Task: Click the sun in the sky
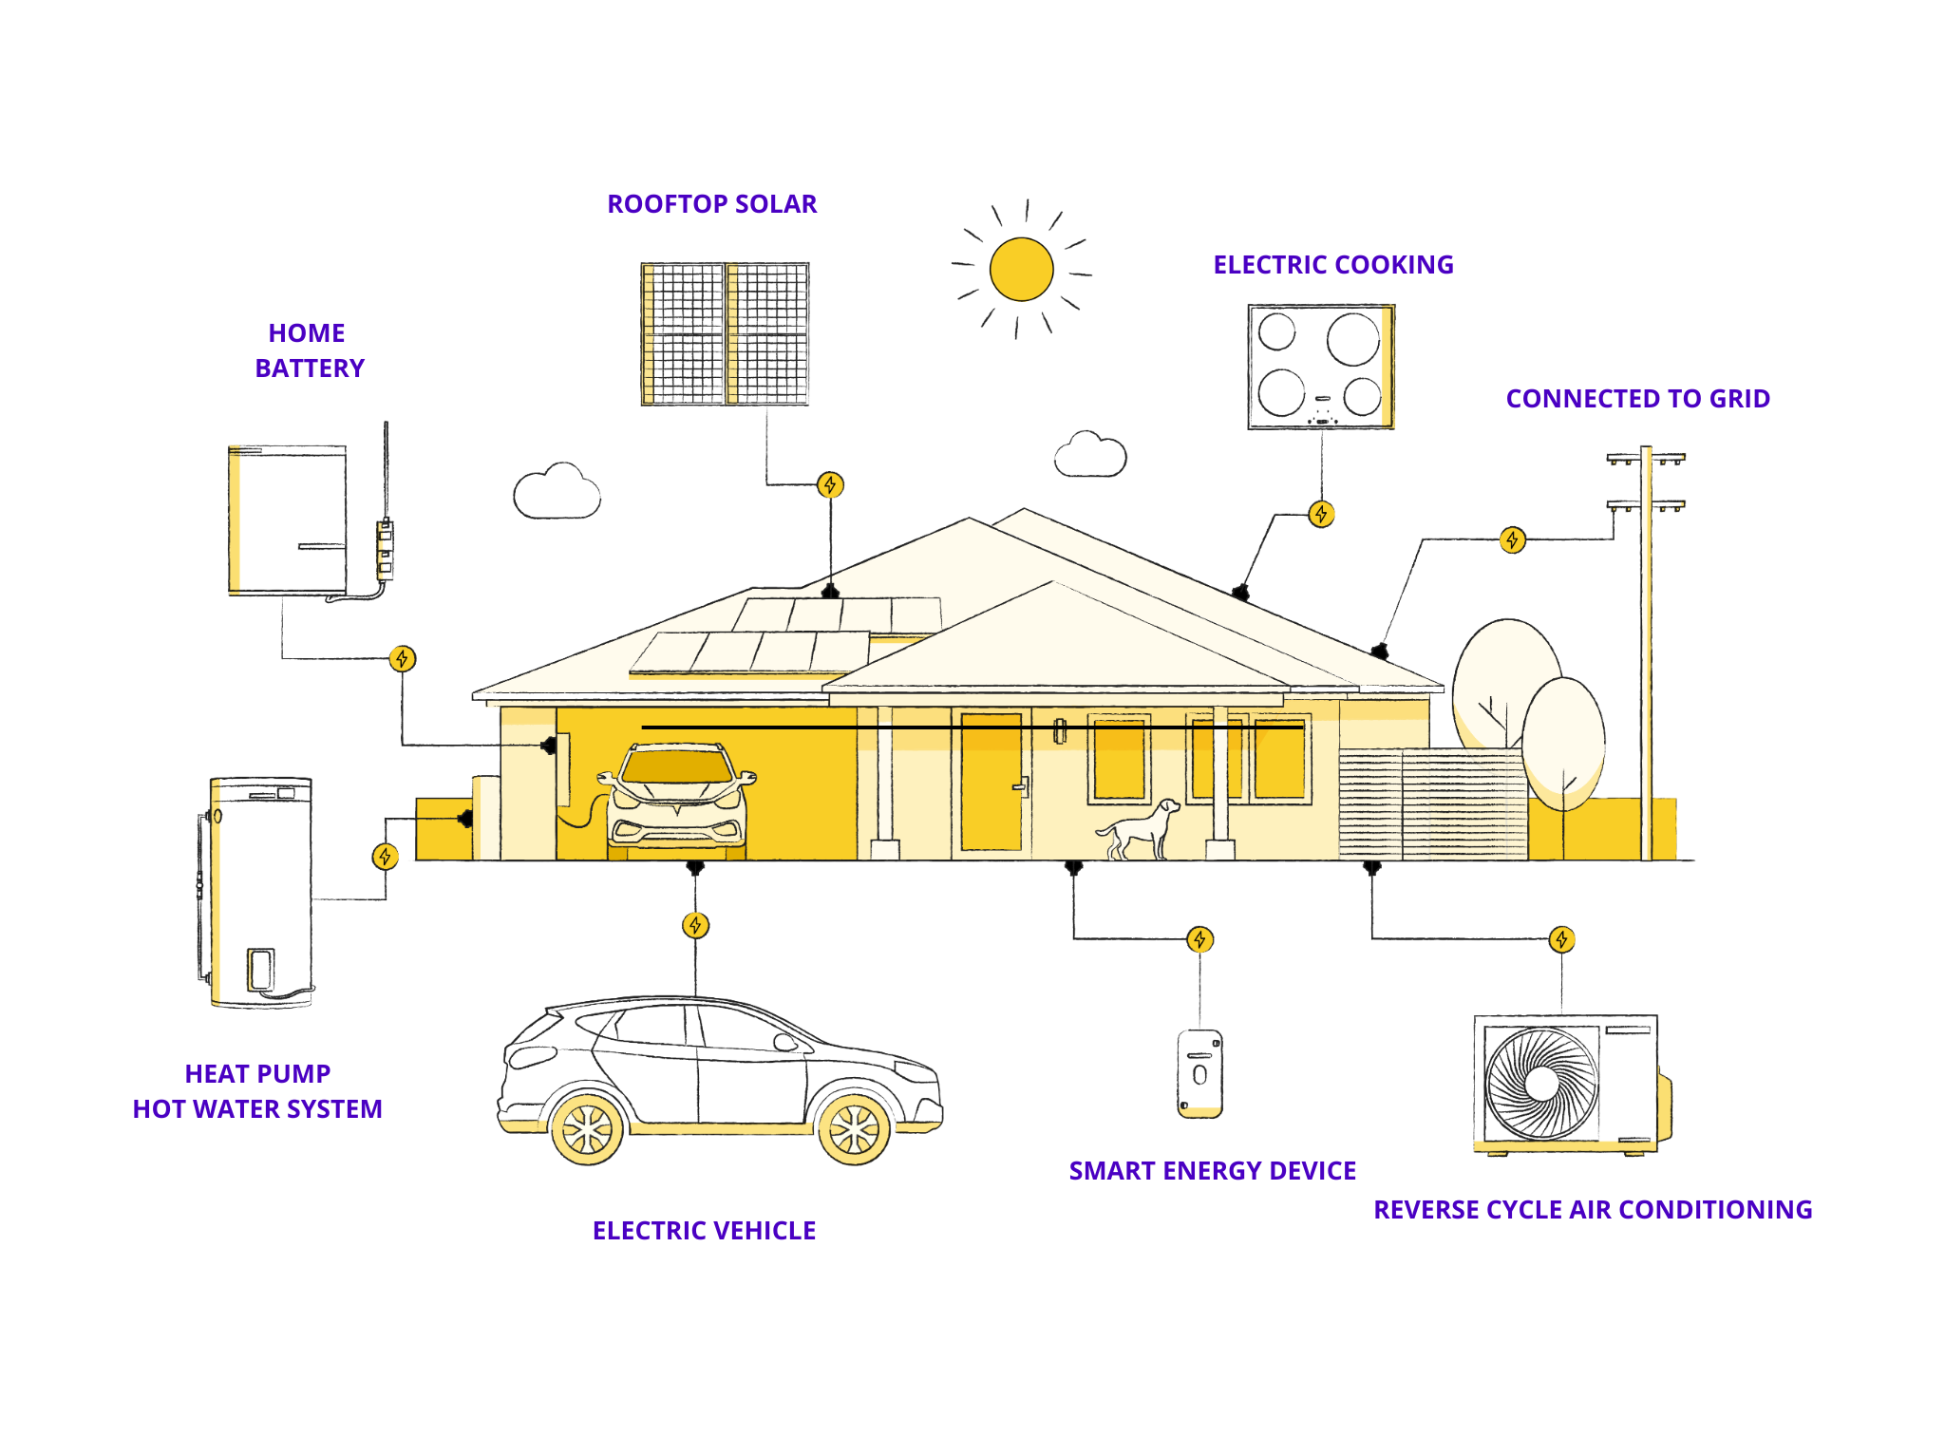pyautogui.click(x=1021, y=269)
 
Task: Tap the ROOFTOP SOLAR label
pyautogui.click(x=711, y=204)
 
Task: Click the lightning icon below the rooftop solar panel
pyautogui.click(x=830, y=485)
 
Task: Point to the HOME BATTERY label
pyautogui.click(x=309, y=350)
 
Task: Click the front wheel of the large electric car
pyautogui.click(x=854, y=1129)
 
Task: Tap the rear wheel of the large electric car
pyautogui.click(x=588, y=1129)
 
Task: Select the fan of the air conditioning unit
pyautogui.click(x=1541, y=1084)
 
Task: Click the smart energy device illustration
pyautogui.click(x=1199, y=1073)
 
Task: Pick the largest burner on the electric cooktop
pyautogui.click(x=1352, y=339)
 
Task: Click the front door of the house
pyautogui.click(x=991, y=782)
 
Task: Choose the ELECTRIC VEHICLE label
pyautogui.click(x=704, y=1231)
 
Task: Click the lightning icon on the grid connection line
pyautogui.click(x=1512, y=540)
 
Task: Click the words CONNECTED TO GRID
pyautogui.click(x=1637, y=399)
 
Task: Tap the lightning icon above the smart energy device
pyautogui.click(x=1199, y=939)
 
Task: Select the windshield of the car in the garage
pyautogui.click(x=676, y=766)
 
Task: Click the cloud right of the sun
pyautogui.click(x=1090, y=455)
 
